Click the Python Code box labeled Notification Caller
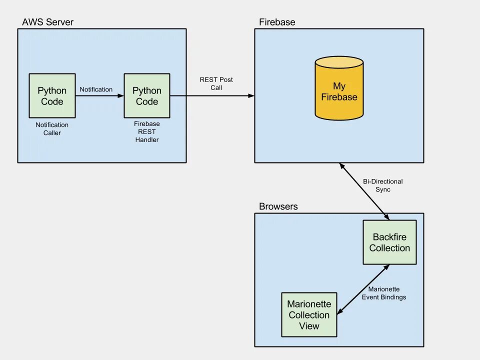point(52,96)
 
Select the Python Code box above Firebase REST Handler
point(147,96)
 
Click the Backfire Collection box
point(389,242)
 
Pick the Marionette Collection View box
point(309,315)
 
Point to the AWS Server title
point(47,22)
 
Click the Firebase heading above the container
point(277,22)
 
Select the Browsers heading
point(278,206)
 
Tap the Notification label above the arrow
point(96,89)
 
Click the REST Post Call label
point(216,83)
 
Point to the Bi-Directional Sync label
point(382,185)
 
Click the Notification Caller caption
point(52,129)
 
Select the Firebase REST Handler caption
point(147,131)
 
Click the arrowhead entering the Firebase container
point(251,96)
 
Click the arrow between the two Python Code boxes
point(99,96)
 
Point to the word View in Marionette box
point(309,326)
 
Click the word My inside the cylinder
point(339,86)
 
